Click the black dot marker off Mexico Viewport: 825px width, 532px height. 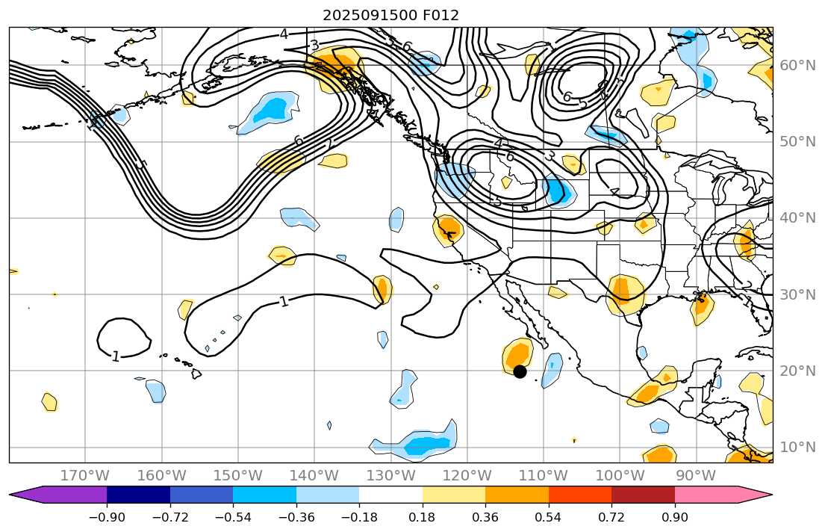(x=520, y=371)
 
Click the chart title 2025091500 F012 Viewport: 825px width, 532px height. (x=390, y=15)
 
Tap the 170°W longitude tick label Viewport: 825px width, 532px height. (x=85, y=475)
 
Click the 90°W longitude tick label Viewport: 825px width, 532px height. (x=696, y=475)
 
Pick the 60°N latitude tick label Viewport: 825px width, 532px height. (x=797, y=65)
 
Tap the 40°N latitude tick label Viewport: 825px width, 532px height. (x=797, y=217)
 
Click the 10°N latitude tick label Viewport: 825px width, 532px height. (x=797, y=447)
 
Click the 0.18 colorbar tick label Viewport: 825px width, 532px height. (x=423, y=517)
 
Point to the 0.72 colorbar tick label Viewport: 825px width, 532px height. (x=611, y=517)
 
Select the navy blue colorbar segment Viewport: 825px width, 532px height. (x=138, y=495)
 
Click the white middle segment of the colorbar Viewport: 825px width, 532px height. (x=390, y=495)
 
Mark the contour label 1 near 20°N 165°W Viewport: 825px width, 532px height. (x=116, y=356)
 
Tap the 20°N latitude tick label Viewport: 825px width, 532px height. (x=797, y=371)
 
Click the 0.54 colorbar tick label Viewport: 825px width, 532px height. (x=549, y=517)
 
